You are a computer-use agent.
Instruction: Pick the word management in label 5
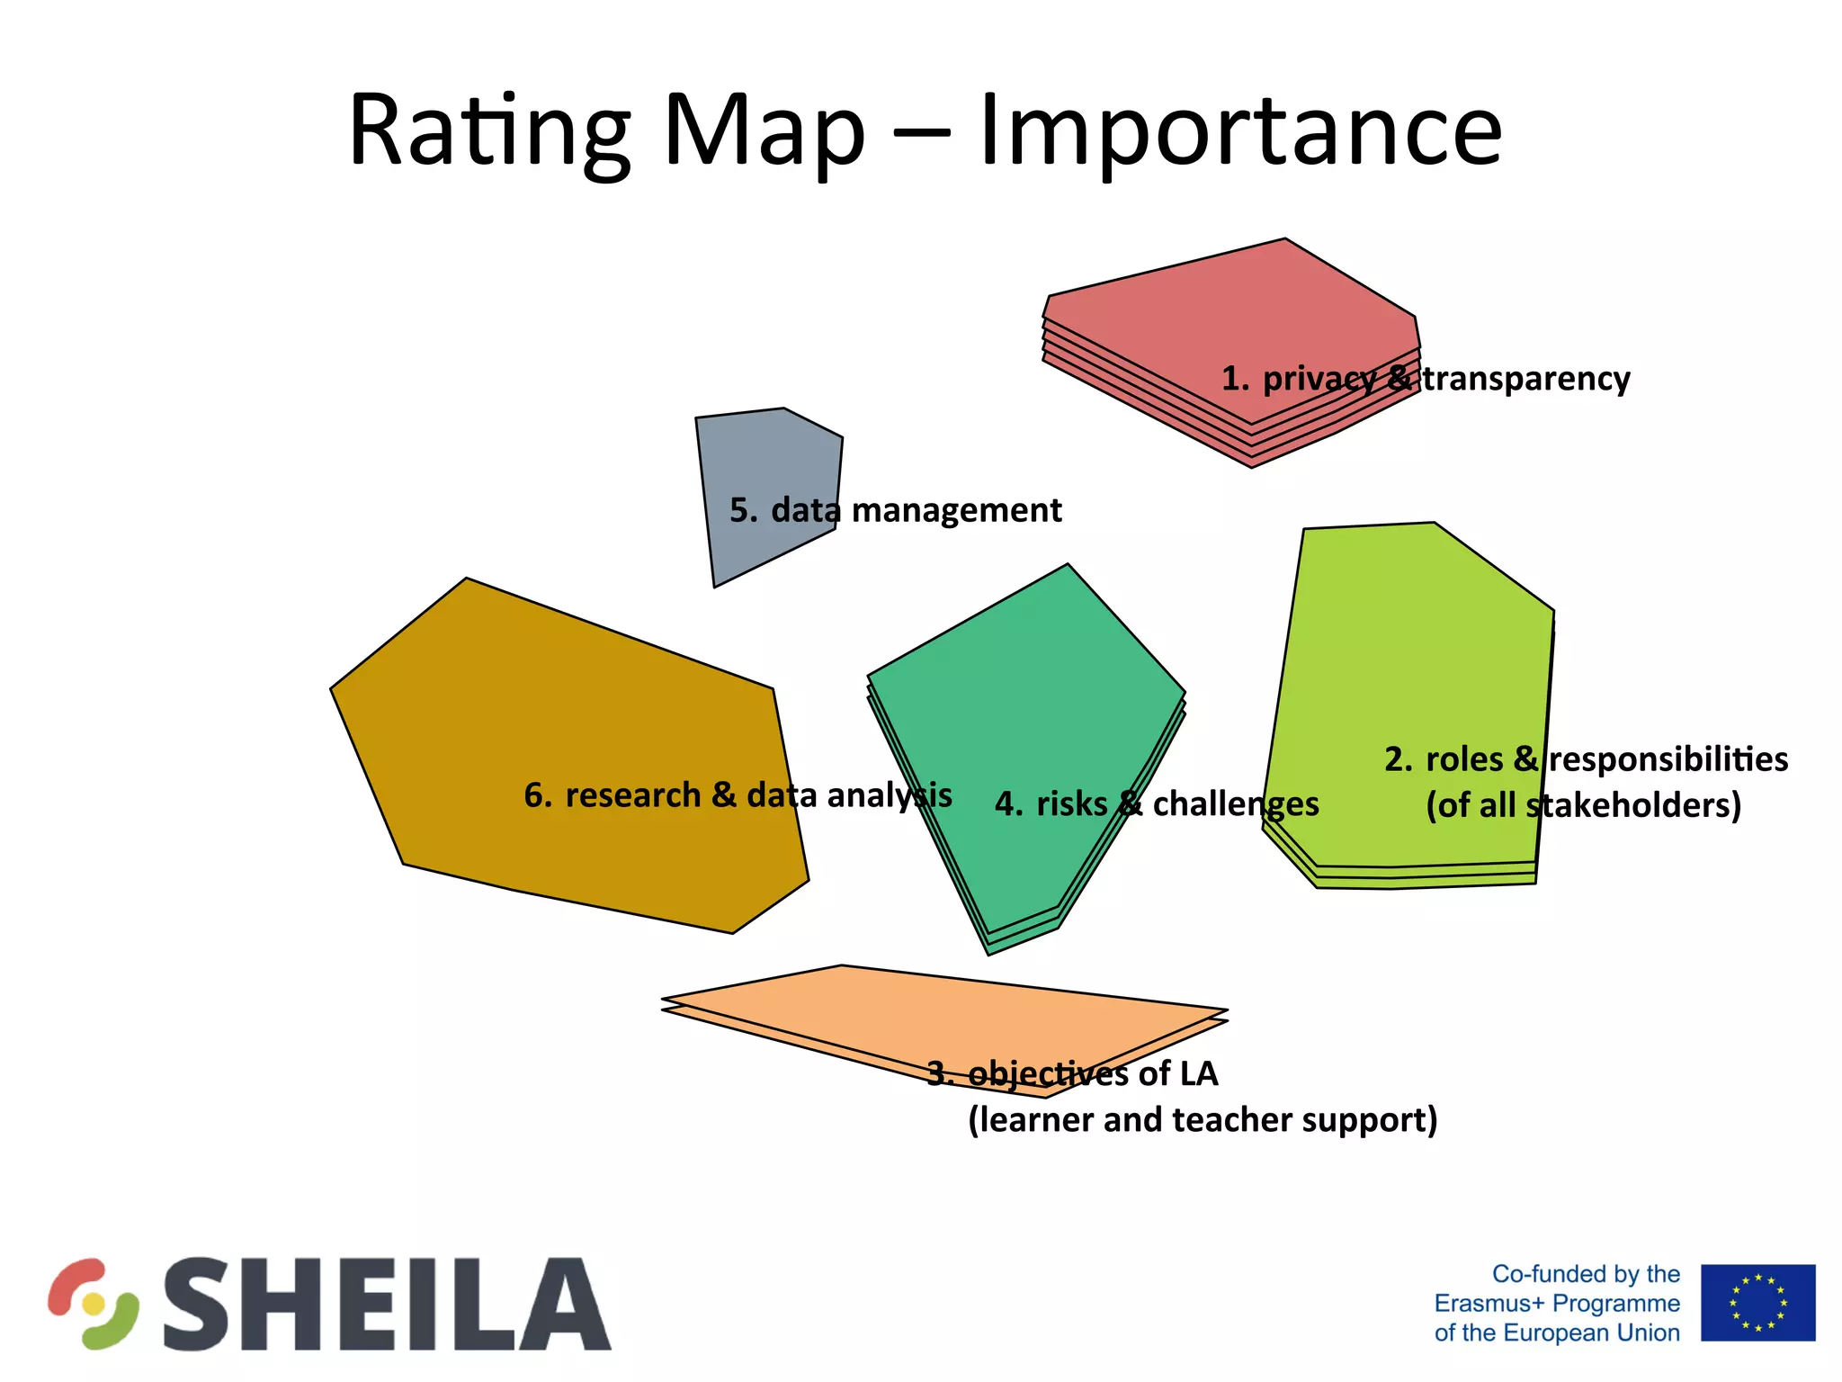956,511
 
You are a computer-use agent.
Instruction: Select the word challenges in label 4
1236,804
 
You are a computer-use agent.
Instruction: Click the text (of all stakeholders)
1583,805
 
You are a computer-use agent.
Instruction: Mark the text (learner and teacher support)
1203,1120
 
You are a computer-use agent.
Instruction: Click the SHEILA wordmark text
387,1305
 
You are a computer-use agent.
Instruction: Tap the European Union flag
1757,1302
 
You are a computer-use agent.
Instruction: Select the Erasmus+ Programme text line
1557,1303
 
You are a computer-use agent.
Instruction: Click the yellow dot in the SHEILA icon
94,1304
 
